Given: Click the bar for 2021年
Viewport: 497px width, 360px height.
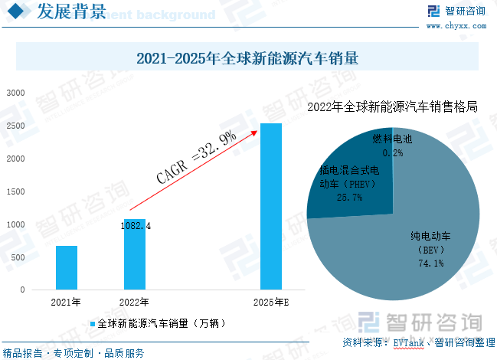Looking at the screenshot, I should tap(67, 267).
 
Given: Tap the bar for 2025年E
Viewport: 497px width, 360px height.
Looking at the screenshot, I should tap(271, 207).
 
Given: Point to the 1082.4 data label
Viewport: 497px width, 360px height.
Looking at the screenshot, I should tap(136, 226).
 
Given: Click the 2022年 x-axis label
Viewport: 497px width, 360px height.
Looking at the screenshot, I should tap(135, 302).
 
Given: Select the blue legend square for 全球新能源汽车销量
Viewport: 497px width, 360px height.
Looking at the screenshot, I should tap(93, 324).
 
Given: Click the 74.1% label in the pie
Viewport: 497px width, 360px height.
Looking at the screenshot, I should tap(432, 263).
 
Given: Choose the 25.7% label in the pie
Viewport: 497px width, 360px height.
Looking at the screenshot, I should tap(349, 197).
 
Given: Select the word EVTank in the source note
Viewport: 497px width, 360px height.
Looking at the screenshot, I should tap(407, 342).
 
